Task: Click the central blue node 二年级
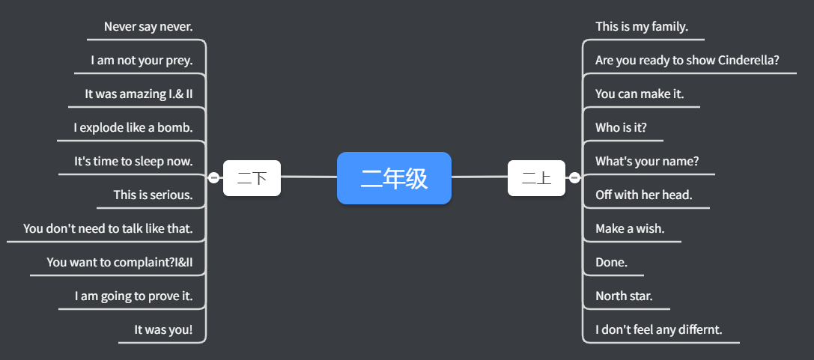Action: [x=394, y=178]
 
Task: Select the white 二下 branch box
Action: [x=252, y=178]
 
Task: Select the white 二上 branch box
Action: [x=536, y=178]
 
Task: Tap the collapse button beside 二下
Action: [x=214, y=178]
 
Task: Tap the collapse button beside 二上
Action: [x=574, y=178]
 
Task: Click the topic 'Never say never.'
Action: [x=148, y=27]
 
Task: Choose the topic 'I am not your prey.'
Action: [x=142, y=61]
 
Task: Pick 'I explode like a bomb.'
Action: [x=133, y=128]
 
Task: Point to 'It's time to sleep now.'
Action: [x=133, y=162]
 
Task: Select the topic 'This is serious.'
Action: [x=153, y=195]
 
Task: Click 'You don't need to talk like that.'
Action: [x=108, y=229]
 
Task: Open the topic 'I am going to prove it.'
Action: [x=133, y=296]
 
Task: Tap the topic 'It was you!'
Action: [x=163, y=330]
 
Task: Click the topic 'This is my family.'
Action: [x=641, y=27]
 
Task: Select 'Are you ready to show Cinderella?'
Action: [x=687, y=61]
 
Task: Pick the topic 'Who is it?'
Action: [x=621, y=128]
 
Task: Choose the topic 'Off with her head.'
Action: [x=643, y=195]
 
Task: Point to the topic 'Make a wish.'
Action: [x=630, y=229]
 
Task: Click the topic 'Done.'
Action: [x=611, y=263]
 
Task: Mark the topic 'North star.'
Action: [x=624, y=296]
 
